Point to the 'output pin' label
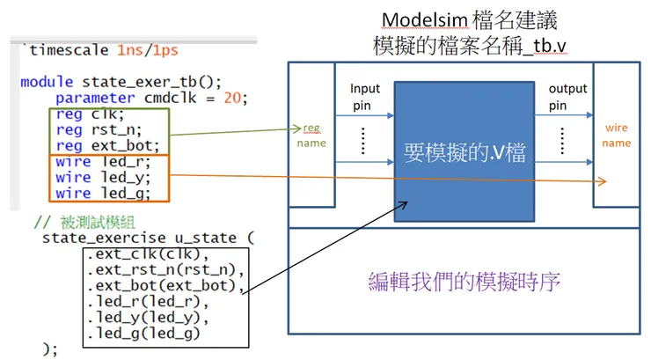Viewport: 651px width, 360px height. click(567, 98)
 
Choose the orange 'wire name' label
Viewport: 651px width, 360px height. click(616, 136)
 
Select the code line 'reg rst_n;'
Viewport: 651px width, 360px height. click(92, 130)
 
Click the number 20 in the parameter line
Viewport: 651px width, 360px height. click(231, 98)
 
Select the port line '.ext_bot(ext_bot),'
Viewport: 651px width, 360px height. click(163, 286)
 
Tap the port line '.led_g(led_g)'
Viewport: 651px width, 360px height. click(143, 334)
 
